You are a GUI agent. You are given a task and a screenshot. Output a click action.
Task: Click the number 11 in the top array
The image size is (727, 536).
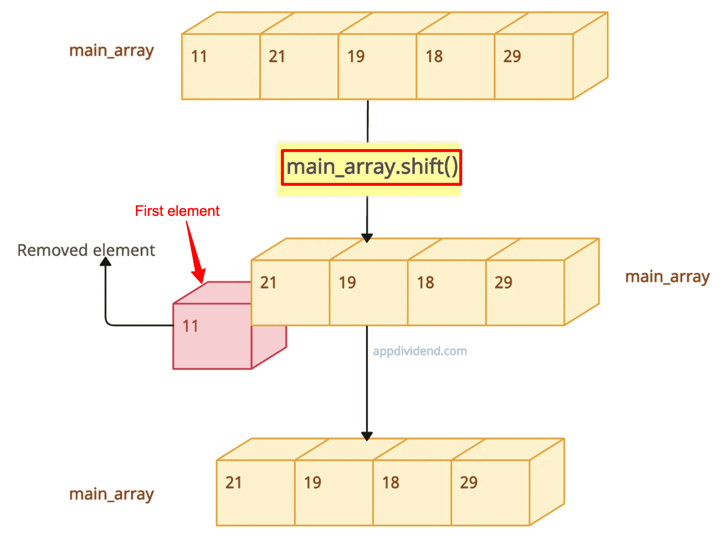[199, 56]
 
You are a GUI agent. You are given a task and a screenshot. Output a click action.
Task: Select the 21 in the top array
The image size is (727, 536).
[277, 56]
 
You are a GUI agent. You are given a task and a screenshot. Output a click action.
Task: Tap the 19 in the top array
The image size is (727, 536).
[356, 56]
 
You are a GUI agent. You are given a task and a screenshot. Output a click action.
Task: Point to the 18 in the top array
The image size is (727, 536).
[434, 56]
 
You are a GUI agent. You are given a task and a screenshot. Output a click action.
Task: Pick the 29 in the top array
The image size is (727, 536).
[512, 56]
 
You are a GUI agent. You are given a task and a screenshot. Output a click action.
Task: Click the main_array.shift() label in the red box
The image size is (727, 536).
[372, 167]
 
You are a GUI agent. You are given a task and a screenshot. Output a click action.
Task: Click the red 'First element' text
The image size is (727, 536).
[177, 211]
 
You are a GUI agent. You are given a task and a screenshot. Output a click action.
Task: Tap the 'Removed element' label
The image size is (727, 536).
[86, 250]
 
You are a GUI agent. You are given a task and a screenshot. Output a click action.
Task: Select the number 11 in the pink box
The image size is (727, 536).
[190, 326]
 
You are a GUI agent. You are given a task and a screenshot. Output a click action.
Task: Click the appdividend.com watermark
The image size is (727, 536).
[420, 351]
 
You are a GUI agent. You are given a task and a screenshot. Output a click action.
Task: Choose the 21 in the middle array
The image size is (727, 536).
[268, 283]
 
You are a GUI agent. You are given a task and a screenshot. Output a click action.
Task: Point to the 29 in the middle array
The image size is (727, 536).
[503, 283]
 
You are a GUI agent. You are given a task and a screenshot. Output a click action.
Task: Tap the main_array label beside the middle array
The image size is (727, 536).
[667, 278]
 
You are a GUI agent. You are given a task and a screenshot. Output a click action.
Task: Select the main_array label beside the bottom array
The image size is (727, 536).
[111, 495]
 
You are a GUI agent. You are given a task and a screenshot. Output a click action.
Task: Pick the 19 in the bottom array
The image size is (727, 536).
[313, 483]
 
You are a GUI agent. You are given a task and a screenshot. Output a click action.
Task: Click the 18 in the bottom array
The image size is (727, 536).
[391, 483]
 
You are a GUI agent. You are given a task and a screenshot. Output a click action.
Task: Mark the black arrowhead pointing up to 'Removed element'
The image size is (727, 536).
[105, 262]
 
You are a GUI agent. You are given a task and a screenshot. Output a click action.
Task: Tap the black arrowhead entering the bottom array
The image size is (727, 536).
[367, 436]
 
